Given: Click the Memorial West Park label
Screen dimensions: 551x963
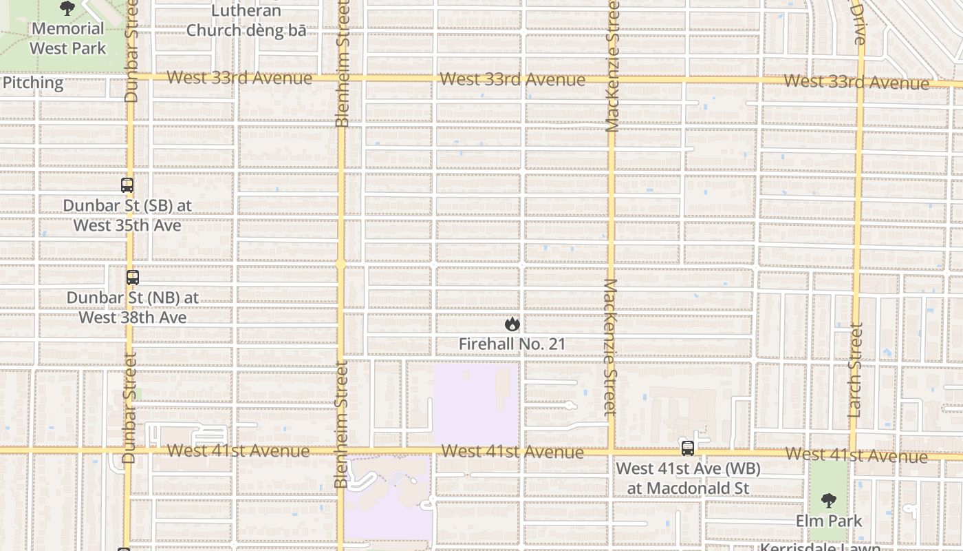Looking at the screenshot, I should pyautogui.click(x=67, y=39).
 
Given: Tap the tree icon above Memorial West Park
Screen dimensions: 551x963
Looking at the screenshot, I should pyautogui.click(x=67, y=8).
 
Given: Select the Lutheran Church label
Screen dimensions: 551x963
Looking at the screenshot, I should pyautogui.click(x=246, y=21).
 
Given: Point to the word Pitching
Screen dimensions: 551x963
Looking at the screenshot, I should pyautogui.click(x=32, y=83).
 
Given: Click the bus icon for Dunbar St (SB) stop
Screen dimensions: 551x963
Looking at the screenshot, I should pyautogui.click(x=127, y=185).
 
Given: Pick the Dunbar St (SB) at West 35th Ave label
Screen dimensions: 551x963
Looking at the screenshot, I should pyautogui.click(x=127, y=216).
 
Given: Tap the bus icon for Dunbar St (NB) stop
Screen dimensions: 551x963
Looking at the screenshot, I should pyautogui.click(x=133, y=278).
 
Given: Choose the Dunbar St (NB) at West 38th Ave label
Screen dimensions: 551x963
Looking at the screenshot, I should pyautogui.click(x=133, y=308).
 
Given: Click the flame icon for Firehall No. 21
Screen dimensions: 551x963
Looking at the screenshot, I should pyautogui.click(x=512, y=324).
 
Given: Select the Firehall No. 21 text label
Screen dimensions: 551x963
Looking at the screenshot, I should pyautogui.click(x=512, y=344).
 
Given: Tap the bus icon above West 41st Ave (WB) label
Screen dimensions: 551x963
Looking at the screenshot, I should pyautogui.click(x=688, y=448).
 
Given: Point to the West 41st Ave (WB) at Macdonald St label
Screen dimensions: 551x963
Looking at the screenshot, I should pyautogui.click(x=688, y=479).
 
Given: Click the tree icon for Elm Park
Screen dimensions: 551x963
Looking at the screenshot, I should pyautogui.click(x=829, y=500).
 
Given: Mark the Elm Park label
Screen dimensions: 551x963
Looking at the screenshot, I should pyautogui.click(x=829, y=521).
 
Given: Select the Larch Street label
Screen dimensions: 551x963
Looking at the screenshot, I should pyautogui.click(x=855, y=371).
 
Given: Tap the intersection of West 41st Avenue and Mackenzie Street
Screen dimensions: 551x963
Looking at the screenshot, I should pyautogui.click(x=611, y=451).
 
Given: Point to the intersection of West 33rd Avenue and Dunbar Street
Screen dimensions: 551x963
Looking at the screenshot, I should pyautogui.click(x=131, y=76).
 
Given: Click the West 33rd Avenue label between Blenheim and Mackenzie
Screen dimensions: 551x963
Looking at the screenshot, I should pyautogui.click(x=512, y=79).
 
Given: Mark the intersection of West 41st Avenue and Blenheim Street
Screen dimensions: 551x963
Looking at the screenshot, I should pyautogui.click(x=340, y=450).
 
